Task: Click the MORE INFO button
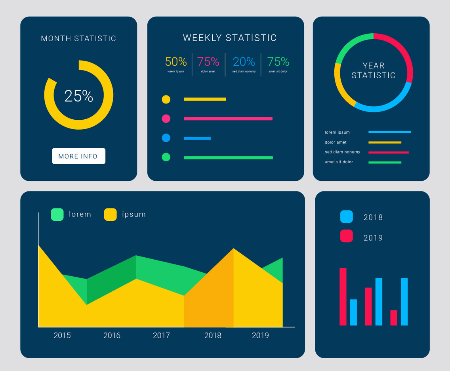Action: point(78,156)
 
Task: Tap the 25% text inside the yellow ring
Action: point(78,96)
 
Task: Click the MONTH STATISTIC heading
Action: point(78,38)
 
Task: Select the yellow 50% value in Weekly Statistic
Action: point(175,62)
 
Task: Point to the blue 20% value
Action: point(244,62)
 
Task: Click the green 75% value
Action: point(278,62)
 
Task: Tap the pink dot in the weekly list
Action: point(166,119)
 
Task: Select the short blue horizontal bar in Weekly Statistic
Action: point(197,138)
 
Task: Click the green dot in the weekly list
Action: point(166,157)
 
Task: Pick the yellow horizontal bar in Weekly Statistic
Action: point(205,99)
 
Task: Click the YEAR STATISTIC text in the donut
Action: point(374,71)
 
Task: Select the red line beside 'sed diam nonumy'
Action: point(388,152)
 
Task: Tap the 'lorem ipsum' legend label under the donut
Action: point(337,132)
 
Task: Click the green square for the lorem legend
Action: point(57,214)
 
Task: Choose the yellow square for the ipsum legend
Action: point(110,214)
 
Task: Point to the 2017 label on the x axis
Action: point(161,336)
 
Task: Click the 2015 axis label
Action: point(62,336)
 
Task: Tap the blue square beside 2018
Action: point(346,217)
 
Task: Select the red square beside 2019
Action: point(346,236)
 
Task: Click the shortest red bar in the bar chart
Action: point(393,318)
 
